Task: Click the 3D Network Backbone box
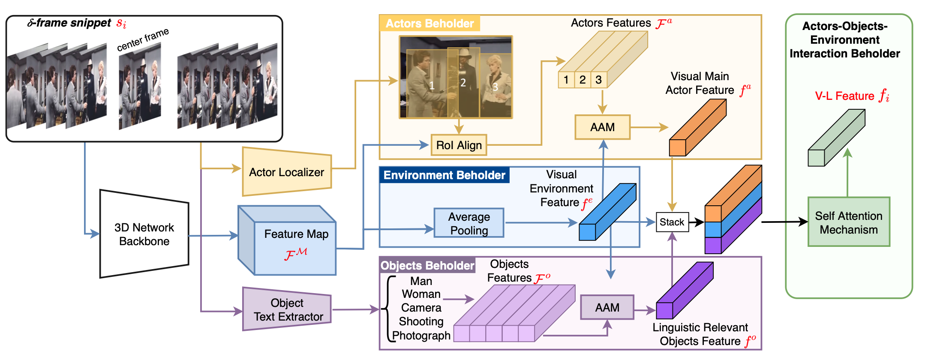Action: (144, 234)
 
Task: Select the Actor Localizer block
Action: (286, 172)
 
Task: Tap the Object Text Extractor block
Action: (287, 310)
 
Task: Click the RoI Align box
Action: (459, 145)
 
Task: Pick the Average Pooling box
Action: (469, 223)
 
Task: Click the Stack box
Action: (672, 222)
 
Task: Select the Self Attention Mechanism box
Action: (848, 222)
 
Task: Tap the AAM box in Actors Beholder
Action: (602, 127)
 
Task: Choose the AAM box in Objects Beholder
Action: (607, 307)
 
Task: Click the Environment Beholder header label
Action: (444, 175)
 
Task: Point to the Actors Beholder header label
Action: (429, 24)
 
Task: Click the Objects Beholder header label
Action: (427, 266)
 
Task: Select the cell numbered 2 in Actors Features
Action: (583, 80)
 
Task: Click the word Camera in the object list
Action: (421, 308)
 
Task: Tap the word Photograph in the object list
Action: (421, 336)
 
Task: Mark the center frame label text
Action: (143, 39)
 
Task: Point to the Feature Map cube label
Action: (296, 234)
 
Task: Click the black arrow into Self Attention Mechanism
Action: (784, 222)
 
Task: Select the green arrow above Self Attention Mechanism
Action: (847, 171)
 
